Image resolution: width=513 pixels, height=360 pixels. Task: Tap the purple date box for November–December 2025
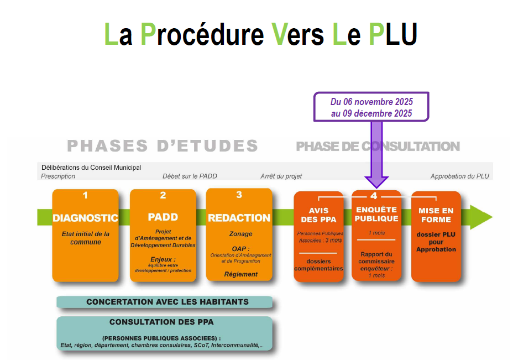pos(371,107)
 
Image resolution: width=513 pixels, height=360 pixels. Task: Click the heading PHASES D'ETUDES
pos(163,146)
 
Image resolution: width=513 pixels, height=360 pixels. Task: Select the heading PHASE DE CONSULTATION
pos(378,147)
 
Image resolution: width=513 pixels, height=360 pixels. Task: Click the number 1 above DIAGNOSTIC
pos(85,195)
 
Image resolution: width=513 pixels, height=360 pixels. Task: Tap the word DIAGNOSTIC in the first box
pos(85,218)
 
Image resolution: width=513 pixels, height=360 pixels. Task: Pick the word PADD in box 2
pos(163,217)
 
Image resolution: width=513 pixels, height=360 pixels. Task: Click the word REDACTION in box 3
pos(239,218)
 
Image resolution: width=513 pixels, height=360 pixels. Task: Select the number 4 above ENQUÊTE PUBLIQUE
pos(374,195)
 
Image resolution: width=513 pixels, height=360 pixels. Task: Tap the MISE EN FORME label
pos(436,215)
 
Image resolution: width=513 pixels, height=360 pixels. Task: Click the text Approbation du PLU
pos(460,176)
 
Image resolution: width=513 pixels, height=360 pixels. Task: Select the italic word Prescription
pos(58,176)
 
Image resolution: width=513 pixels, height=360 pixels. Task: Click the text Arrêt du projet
pos(281,176)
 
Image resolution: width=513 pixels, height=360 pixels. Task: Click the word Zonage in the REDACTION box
pos(240,234)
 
